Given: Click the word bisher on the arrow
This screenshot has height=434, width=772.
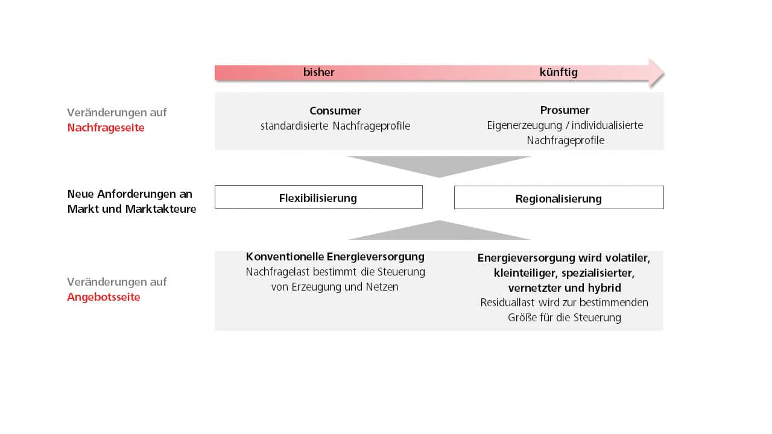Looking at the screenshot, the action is coord(319,72).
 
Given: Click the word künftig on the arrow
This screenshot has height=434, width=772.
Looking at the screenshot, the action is coord(558,72).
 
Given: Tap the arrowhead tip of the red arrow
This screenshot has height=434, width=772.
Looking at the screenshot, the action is coord(664,73).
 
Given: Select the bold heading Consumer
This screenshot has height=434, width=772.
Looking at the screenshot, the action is coord(335,110).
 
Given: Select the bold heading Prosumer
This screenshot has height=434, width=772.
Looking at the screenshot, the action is coord(565,110).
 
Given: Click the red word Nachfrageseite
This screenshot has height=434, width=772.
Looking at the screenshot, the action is coord(106,128).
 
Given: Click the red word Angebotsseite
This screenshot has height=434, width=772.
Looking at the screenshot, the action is coord(104,297).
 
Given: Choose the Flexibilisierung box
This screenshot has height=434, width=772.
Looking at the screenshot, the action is coord(318,197).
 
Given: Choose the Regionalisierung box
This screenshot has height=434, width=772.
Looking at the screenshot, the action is coord(558,198).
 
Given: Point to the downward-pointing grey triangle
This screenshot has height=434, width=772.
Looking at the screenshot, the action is coord(439,165).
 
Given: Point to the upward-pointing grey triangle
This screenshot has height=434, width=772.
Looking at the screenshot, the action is coord(439,231).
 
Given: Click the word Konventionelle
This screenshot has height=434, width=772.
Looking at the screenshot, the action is coord(285,257).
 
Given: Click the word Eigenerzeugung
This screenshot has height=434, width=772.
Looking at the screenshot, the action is coord(524,125).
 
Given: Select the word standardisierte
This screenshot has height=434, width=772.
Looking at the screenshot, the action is coord(294,126).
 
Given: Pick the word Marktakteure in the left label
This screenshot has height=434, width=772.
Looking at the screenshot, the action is coord(160,209).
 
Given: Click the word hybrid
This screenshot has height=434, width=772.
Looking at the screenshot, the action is coord(604,288).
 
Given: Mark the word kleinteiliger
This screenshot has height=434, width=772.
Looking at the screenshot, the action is coord(525,273).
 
